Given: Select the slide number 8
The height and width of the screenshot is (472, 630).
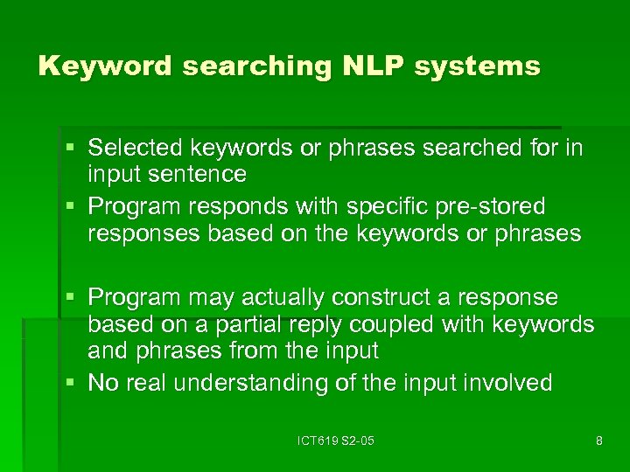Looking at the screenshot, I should pos(598,441).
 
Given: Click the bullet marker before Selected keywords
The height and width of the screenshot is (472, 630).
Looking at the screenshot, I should pos(75,149).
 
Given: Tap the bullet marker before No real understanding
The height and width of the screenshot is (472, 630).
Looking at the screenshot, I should pos(75,384).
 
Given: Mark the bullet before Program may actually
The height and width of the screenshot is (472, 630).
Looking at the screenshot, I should pos(75,299).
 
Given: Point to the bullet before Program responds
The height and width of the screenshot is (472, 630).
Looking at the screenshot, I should pos(75,208).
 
